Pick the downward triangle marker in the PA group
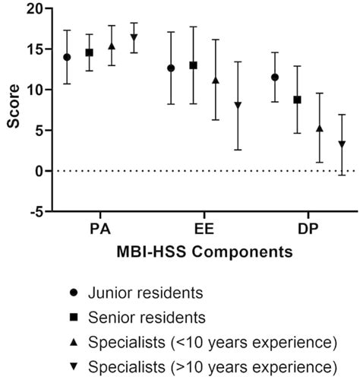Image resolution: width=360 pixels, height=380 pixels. (134, 37)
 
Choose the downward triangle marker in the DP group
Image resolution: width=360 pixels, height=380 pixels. (342, 144)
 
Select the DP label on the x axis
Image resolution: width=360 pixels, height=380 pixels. (308, 229)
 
